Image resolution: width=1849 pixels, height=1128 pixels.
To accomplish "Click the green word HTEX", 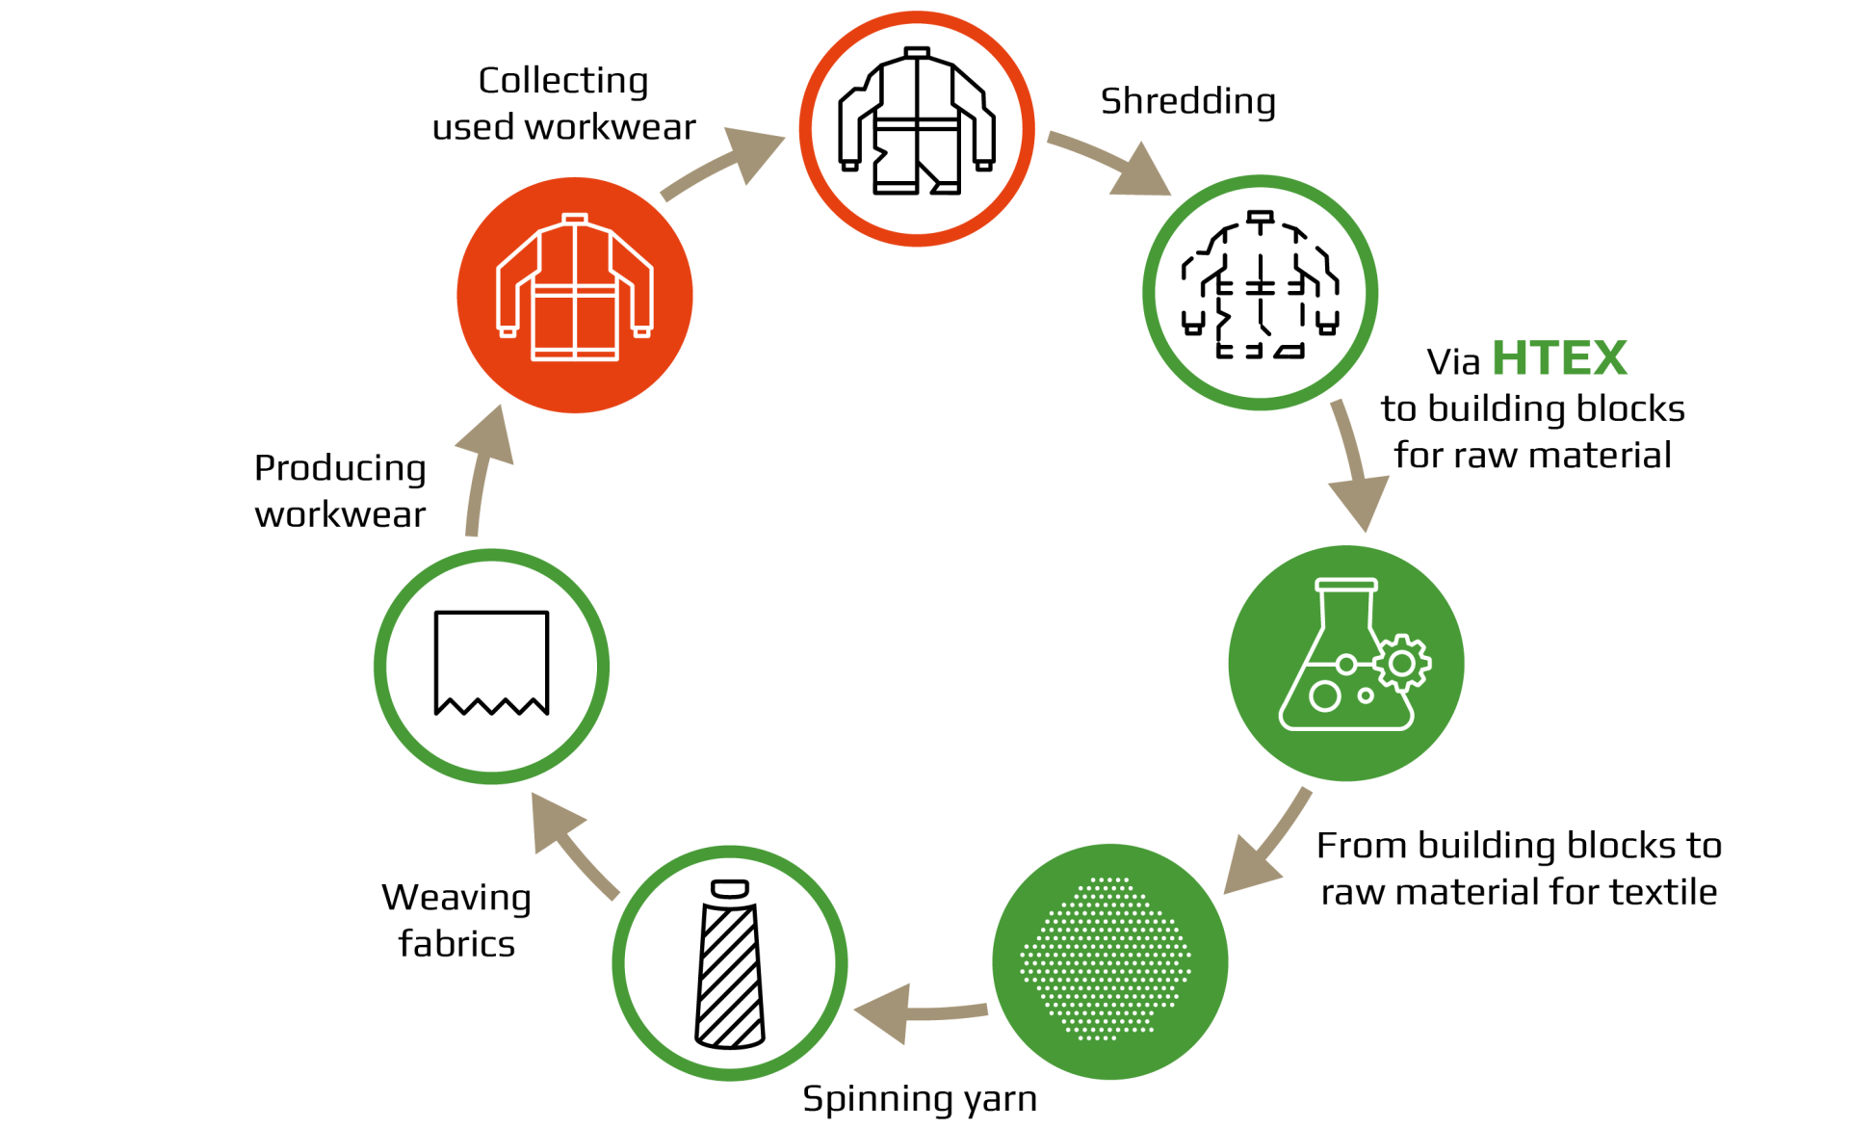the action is pos(1559,358).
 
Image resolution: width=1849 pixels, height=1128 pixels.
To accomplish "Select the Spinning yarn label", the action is pos(920,1099).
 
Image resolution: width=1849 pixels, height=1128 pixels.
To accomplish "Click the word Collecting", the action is pos(563,81).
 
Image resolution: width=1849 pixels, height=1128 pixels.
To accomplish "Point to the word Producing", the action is pos(340,469).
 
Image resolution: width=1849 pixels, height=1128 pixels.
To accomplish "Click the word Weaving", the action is pos(456,898).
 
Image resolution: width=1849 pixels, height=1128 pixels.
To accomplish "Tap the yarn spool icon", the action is pos(730,963).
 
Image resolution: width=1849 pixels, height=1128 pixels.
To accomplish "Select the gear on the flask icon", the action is pos(1402,663).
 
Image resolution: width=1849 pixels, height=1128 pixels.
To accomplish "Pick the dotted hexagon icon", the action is pos(1106,959).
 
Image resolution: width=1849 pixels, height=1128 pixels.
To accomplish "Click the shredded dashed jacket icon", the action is pos(1260,286).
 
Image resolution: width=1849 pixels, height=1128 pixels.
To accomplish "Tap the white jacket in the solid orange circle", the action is pos(575,288).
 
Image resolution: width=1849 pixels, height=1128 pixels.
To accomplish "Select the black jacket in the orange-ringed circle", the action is pos(917,121).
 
